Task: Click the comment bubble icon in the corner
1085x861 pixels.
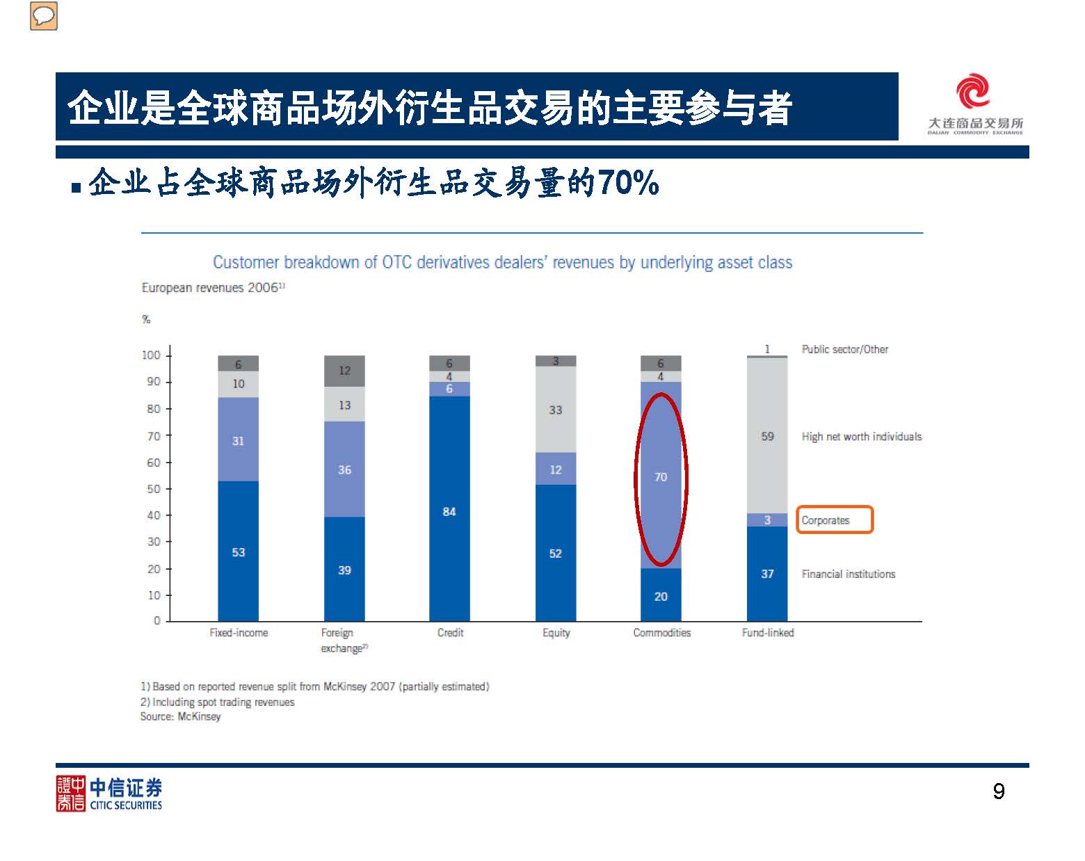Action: [43, 16]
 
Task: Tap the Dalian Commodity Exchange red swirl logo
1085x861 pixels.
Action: [972, 92]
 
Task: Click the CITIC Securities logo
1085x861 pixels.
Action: [109, 794]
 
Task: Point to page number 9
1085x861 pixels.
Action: [998, 791]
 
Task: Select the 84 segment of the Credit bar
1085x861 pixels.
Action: [449, 512]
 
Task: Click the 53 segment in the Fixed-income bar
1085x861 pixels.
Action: [239, 552]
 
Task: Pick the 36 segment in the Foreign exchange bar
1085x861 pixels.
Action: [344, 470]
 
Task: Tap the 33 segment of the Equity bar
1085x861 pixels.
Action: [555, 410]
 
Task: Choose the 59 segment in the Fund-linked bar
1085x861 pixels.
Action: [767, 436]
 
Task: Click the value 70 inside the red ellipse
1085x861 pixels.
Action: [661, 477]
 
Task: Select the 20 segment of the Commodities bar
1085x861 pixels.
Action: [661, 596]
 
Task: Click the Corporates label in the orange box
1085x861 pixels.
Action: [826, 520]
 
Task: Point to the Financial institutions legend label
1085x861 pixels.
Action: [848, 574]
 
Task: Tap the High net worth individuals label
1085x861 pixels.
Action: [861, 436]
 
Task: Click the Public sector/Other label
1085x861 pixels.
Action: [844, 349]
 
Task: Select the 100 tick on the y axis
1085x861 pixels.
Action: [151, 355]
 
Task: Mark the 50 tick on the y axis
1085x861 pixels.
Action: [154, 489]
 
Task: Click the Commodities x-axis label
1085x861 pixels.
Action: [661, 632]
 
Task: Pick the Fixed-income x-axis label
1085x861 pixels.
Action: [239, 632]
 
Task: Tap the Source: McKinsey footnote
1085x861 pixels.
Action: [180, 716]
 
